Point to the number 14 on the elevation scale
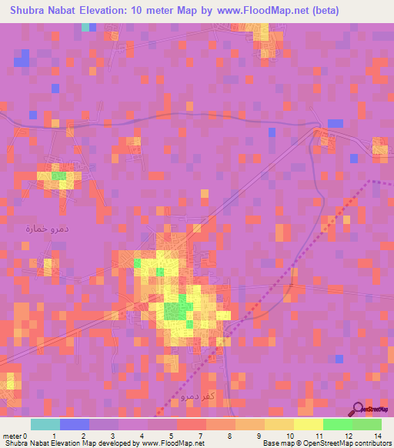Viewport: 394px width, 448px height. coord(377,434)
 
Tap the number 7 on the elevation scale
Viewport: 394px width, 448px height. coord(199,434)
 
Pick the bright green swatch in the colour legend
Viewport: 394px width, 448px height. coord(337,424)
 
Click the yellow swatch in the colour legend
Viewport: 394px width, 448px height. coord(308,424)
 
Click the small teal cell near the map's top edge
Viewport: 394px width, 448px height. coord(85,27)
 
